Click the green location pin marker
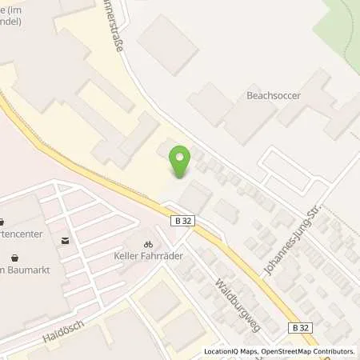[181, 163]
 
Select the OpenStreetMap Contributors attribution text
[308, 351]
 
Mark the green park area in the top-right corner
[339, 24]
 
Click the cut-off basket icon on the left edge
[2, 223]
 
